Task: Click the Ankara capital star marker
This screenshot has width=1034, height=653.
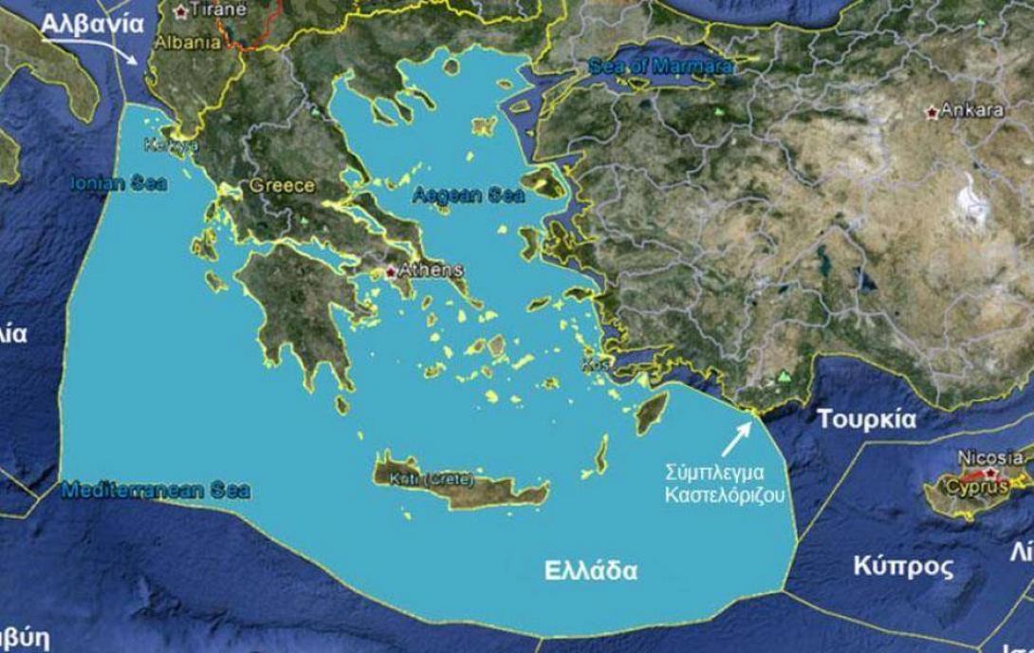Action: click(932, 112)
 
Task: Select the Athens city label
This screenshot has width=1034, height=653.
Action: click(430, 271)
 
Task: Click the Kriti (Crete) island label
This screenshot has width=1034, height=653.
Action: click(432, 479)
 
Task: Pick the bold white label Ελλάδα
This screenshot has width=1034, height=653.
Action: click(590, 571)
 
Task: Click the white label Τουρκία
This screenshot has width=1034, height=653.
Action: click(866, 419)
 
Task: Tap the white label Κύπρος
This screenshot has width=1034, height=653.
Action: click(902, 567)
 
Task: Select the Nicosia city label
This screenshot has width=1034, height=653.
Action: click(989, 457)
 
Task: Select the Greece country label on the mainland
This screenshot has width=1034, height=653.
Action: click(282, 186)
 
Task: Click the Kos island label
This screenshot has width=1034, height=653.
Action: click(594, 364)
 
